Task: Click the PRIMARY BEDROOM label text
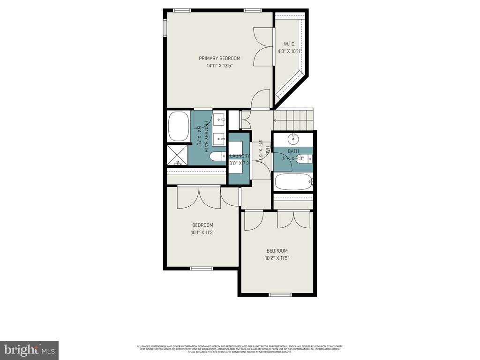[219, 58]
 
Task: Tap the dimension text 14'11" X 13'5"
[219, 66]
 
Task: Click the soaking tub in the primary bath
[178, 126]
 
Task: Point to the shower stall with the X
[178, 155]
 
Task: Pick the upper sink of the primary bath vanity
[219, 119]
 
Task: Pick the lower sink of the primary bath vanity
[219, 138]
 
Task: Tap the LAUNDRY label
[240, 156]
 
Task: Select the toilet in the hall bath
[307, 158]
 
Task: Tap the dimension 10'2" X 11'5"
[277, 258]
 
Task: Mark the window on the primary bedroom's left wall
[165, 28]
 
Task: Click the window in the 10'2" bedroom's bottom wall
[280, 295]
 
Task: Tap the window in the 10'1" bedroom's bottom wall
[201, 269]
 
